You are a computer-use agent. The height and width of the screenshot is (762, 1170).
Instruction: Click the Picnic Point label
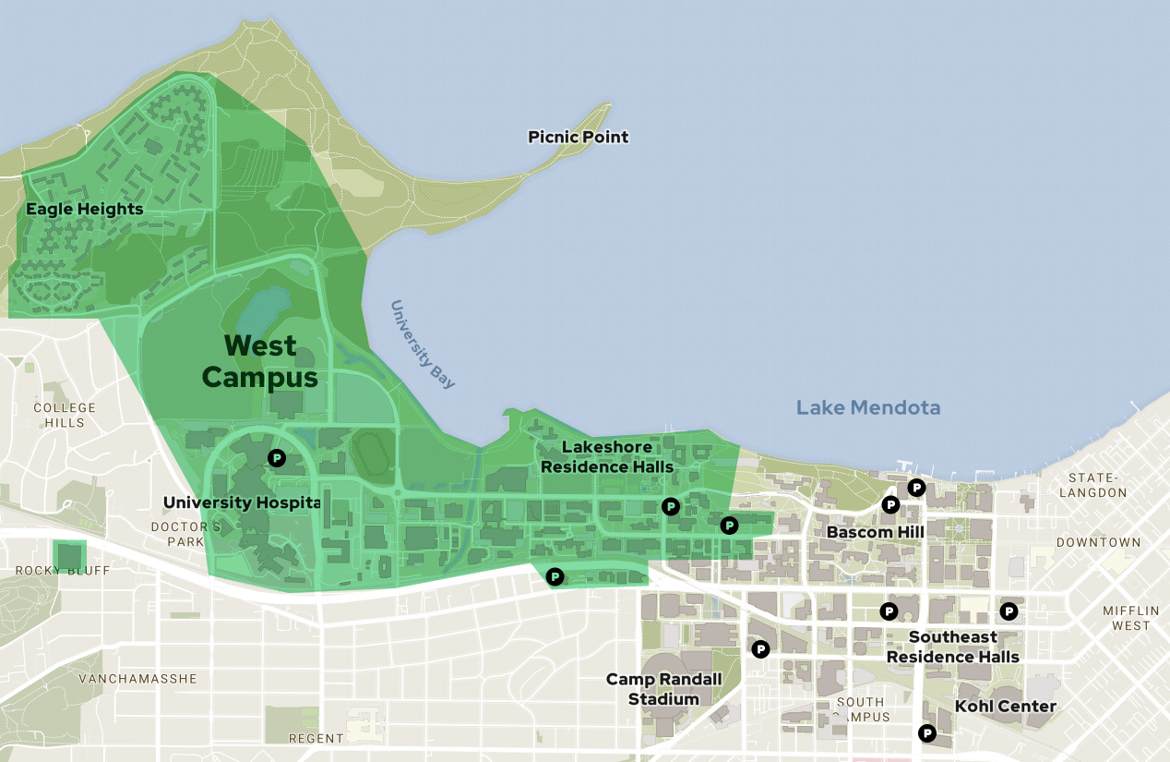tap(578, 137)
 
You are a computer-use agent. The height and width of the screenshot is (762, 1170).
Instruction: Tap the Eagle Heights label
tap(84, 209)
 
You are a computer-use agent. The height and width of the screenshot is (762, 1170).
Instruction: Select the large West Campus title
tap(260, 361)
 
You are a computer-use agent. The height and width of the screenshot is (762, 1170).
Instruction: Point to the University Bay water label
tap(423, 344)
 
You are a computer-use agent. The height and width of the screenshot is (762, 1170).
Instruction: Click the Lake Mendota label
tap(868, 407)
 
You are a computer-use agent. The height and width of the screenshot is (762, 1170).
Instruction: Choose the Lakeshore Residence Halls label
tap(607, 456)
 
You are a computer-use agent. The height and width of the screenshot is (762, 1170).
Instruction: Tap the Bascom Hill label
tap(875, 532)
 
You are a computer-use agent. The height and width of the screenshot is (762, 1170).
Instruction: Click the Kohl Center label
tap(1005, 707)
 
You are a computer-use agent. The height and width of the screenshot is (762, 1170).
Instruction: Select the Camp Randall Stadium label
tap(663, 689)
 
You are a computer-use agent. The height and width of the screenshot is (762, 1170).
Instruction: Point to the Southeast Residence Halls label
tap(952, 647)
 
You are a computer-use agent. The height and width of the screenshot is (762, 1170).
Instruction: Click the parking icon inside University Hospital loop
tap(276, 457)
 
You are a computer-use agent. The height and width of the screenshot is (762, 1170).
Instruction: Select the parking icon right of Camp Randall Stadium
tap(760, 649)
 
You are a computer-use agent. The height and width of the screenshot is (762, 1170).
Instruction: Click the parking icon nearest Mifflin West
tap(1009, 611)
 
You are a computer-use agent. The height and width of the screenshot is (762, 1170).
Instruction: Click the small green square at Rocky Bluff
tap(69, 556)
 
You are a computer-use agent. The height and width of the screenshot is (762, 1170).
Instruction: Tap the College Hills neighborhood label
tap(64, 415)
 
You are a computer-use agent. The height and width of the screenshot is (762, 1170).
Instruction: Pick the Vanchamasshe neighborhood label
tap(137, 679)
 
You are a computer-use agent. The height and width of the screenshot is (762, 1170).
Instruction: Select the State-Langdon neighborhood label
tap(1097, 485)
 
